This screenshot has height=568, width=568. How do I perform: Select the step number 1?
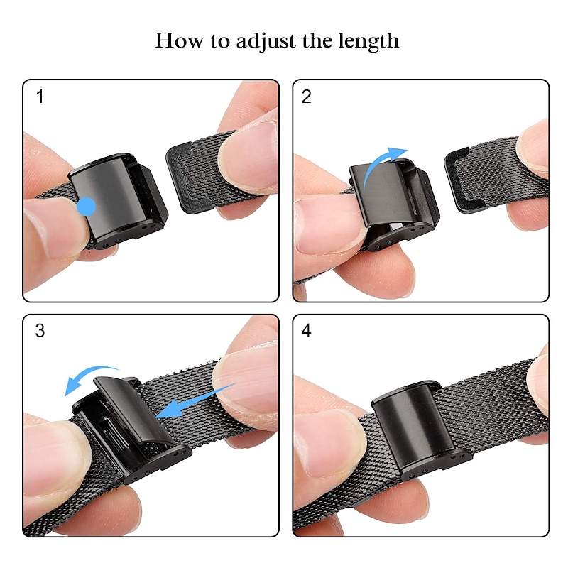click(40, 97)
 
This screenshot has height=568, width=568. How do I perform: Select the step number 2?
click(307, 97)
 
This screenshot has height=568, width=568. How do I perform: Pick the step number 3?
click(40, 331)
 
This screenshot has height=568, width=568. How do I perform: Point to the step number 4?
click(307, 331)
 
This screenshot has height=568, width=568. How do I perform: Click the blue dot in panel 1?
click(86, 207)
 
